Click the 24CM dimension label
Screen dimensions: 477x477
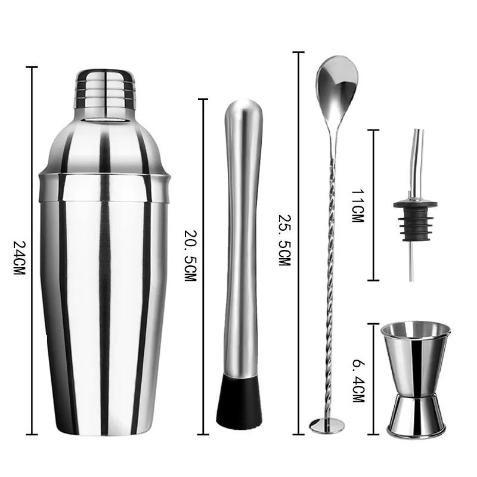(19, 258)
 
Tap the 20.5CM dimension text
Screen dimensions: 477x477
(190, 256)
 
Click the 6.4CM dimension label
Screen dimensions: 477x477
(358, 379)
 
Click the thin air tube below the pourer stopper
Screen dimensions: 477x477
(411, 262)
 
